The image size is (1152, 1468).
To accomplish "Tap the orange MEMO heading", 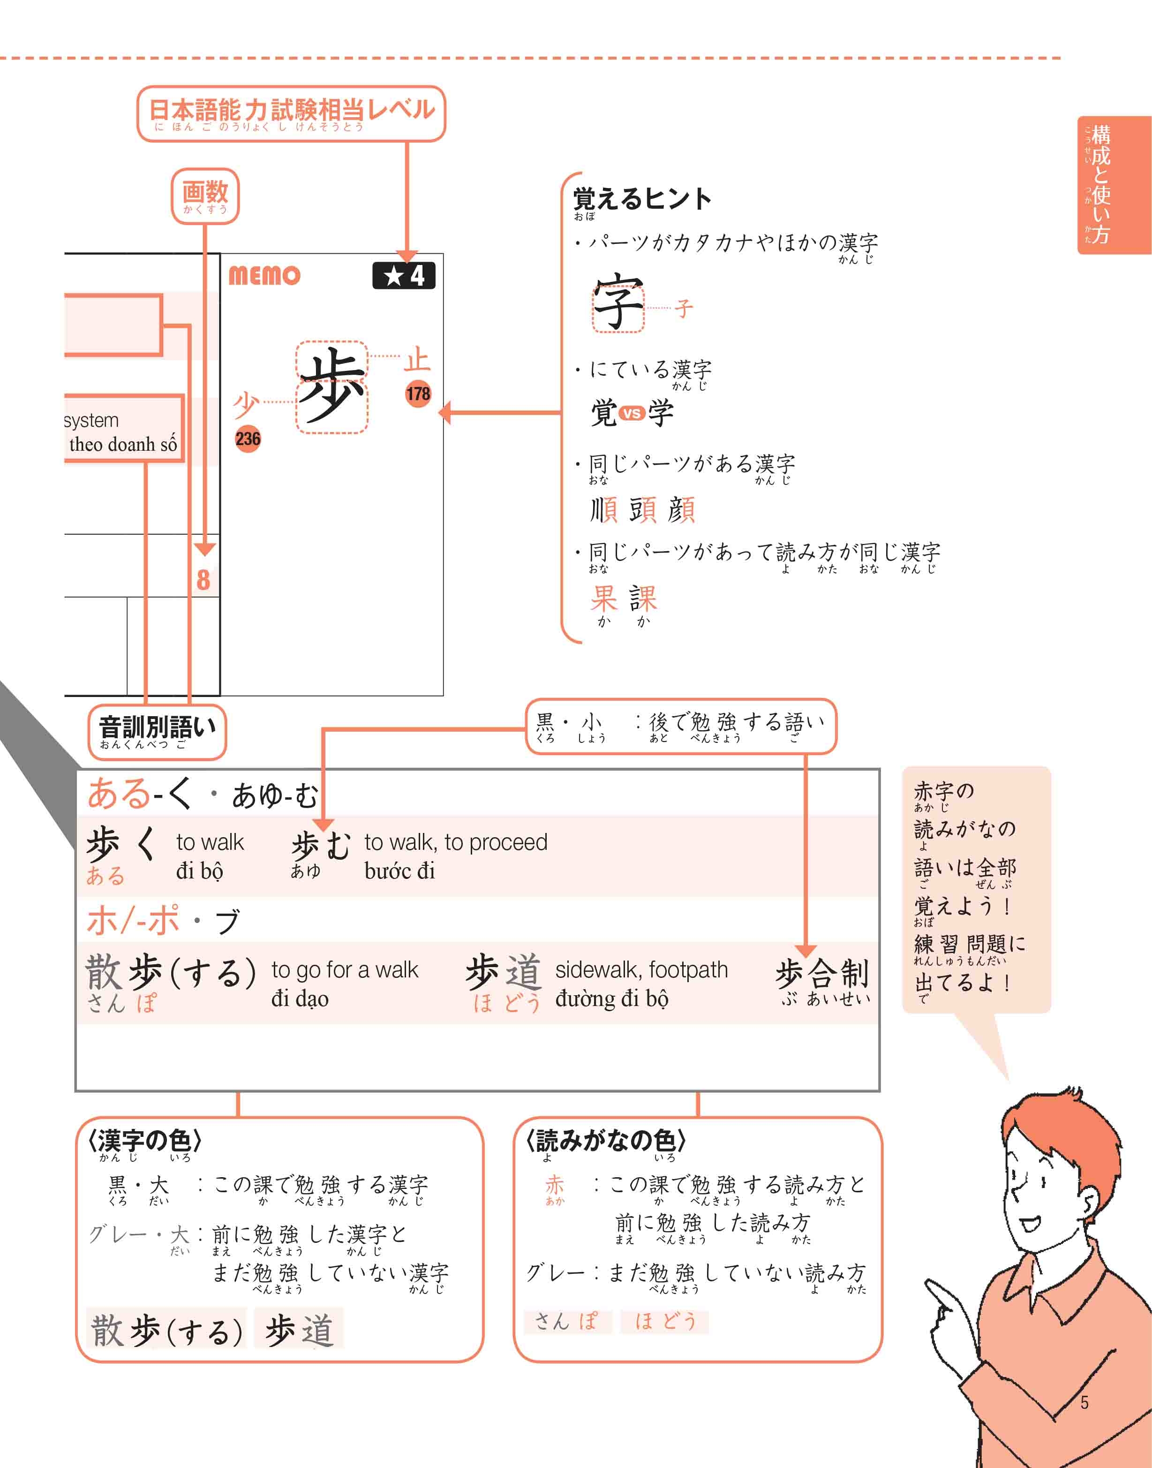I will (264, 275).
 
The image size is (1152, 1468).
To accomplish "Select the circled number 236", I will (248, 439).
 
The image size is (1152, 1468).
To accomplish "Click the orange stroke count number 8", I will (203, 580).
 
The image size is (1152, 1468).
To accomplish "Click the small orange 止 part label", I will (417, 360).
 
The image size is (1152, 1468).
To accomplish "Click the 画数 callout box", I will (205, 196).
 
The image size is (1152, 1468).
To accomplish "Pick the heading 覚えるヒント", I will (642, 200).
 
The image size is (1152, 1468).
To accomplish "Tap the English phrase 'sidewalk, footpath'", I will (641, 969).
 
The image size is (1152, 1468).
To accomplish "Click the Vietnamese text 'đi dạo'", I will (300, 999).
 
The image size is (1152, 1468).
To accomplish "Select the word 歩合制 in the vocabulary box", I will (821, 974).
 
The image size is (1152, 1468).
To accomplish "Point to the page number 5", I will (1084, 1402).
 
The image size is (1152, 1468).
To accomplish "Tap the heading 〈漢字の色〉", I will (144, 1140).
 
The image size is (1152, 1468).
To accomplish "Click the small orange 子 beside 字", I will (683, 309).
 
